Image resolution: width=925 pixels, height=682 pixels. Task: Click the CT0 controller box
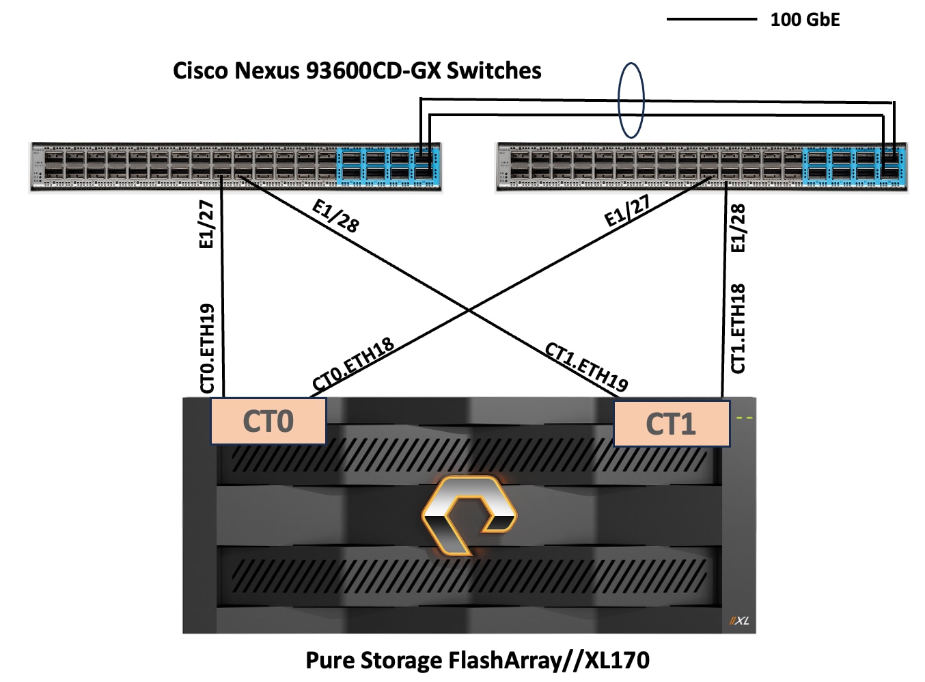(268, 421)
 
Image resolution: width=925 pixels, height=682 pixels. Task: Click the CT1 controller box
(672, 424)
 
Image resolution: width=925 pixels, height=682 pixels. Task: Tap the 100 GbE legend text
(805, 20)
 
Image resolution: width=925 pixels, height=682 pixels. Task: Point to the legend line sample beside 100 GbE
(711, 20)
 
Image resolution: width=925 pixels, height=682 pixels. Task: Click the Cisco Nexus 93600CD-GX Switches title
(357, 71)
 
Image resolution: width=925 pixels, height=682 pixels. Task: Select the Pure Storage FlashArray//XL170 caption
(477, 660)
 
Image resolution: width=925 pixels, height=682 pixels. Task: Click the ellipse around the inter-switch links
(631, 100)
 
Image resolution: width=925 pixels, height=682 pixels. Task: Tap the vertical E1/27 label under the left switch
(206, 224)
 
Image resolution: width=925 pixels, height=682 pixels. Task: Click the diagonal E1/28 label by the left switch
(335, 216)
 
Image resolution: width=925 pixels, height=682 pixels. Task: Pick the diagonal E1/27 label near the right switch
(627, 210)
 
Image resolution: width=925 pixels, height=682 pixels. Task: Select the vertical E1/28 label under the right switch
(738, 228)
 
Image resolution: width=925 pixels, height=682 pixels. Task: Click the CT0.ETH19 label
(207, 349)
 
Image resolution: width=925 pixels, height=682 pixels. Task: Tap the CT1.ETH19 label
(586, 368)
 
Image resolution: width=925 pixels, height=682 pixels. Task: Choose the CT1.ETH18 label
(738, 329)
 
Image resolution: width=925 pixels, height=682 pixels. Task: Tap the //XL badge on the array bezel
(739, 620)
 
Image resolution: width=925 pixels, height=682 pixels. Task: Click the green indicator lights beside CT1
(744, 418)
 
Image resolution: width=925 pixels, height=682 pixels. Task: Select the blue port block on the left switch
(388, 166)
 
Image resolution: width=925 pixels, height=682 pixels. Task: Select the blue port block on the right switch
(854, 166)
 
